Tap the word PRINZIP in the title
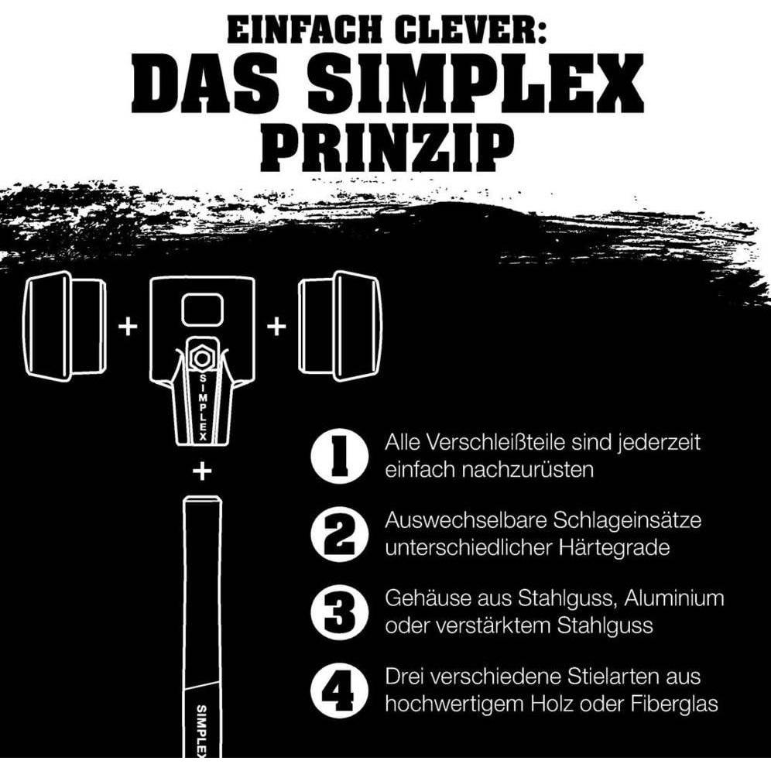pos(385,147)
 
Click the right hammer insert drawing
pos(341,325)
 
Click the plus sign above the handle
pos(203,471)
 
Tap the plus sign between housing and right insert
pos(276,326)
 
